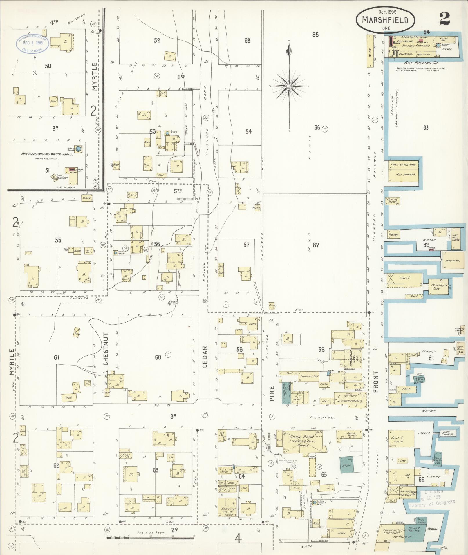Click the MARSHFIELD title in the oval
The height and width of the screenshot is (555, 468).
tap(385, 20)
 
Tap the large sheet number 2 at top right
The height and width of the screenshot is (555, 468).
tap(444, 19)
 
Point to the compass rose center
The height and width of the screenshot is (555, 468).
tap(289, 86)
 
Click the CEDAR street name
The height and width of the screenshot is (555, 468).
tap(205, 357)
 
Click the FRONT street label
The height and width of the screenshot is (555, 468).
tap(376, 382)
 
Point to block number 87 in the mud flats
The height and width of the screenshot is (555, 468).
tap(316, 245)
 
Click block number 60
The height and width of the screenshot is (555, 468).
tap(158, 357)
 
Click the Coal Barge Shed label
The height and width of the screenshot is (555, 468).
tap(404, 165)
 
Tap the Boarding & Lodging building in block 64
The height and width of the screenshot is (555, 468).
tap(228, 511)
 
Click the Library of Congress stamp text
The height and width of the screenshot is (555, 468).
tap(432, 503)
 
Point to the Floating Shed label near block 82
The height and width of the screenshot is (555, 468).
tap(437, 287)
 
